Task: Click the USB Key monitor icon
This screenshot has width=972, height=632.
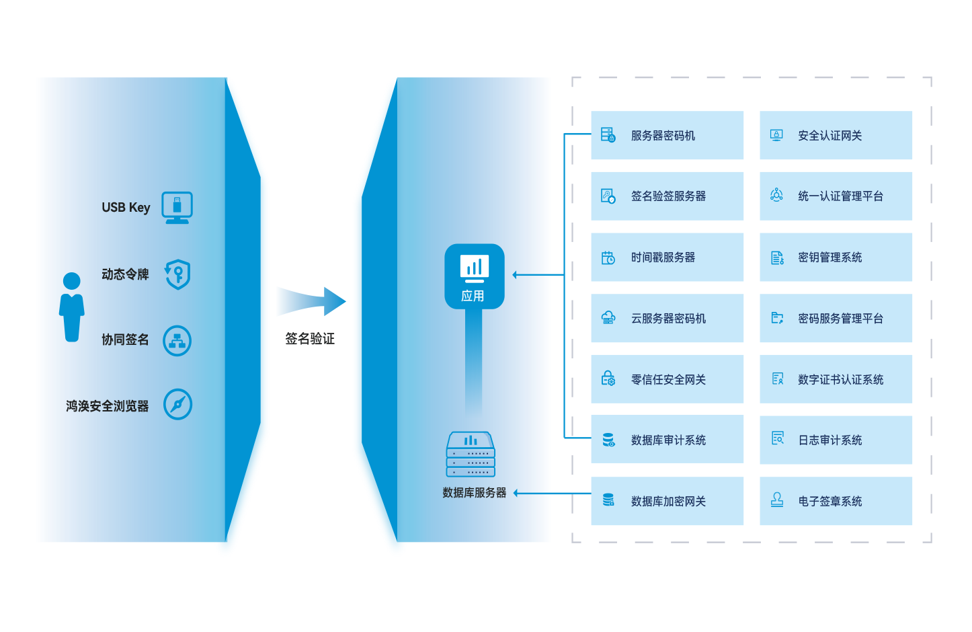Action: (x=177, y=207)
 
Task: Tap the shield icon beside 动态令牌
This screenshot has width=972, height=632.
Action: (x=178, y=274)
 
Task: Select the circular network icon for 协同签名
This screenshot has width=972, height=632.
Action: (x=177, y=340)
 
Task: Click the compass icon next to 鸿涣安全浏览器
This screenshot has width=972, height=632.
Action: (x=178, y=405)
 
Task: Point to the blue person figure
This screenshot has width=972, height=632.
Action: (x=71, y=307)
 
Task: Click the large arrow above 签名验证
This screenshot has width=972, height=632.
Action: (x=314, y=301)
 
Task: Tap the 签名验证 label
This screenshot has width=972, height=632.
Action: (x=310, y=339)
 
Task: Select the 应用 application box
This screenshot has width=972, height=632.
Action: (x=474, y=276)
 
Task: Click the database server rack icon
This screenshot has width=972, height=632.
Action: (x=471, y=455)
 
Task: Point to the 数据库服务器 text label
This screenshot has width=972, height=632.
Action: (x=474, y=493)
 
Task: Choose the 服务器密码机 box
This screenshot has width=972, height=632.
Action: (x=667, y=135)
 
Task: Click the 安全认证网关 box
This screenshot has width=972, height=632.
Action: (x=836, y=135)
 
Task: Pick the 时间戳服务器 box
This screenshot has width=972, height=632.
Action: (x=667, y=258)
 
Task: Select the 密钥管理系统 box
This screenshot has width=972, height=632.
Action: (x=836, y=258)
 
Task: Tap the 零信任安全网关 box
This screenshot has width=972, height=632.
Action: (x=667, y=379)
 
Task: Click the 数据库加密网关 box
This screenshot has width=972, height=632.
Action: (x=667, y=501)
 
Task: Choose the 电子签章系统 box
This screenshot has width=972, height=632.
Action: (x=836, y=501)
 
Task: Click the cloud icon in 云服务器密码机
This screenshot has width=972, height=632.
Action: (x=608, y=318)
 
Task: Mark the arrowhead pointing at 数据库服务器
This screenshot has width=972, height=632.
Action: (x=516, y=493)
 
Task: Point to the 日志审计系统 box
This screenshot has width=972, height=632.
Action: (x=836, y=440)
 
